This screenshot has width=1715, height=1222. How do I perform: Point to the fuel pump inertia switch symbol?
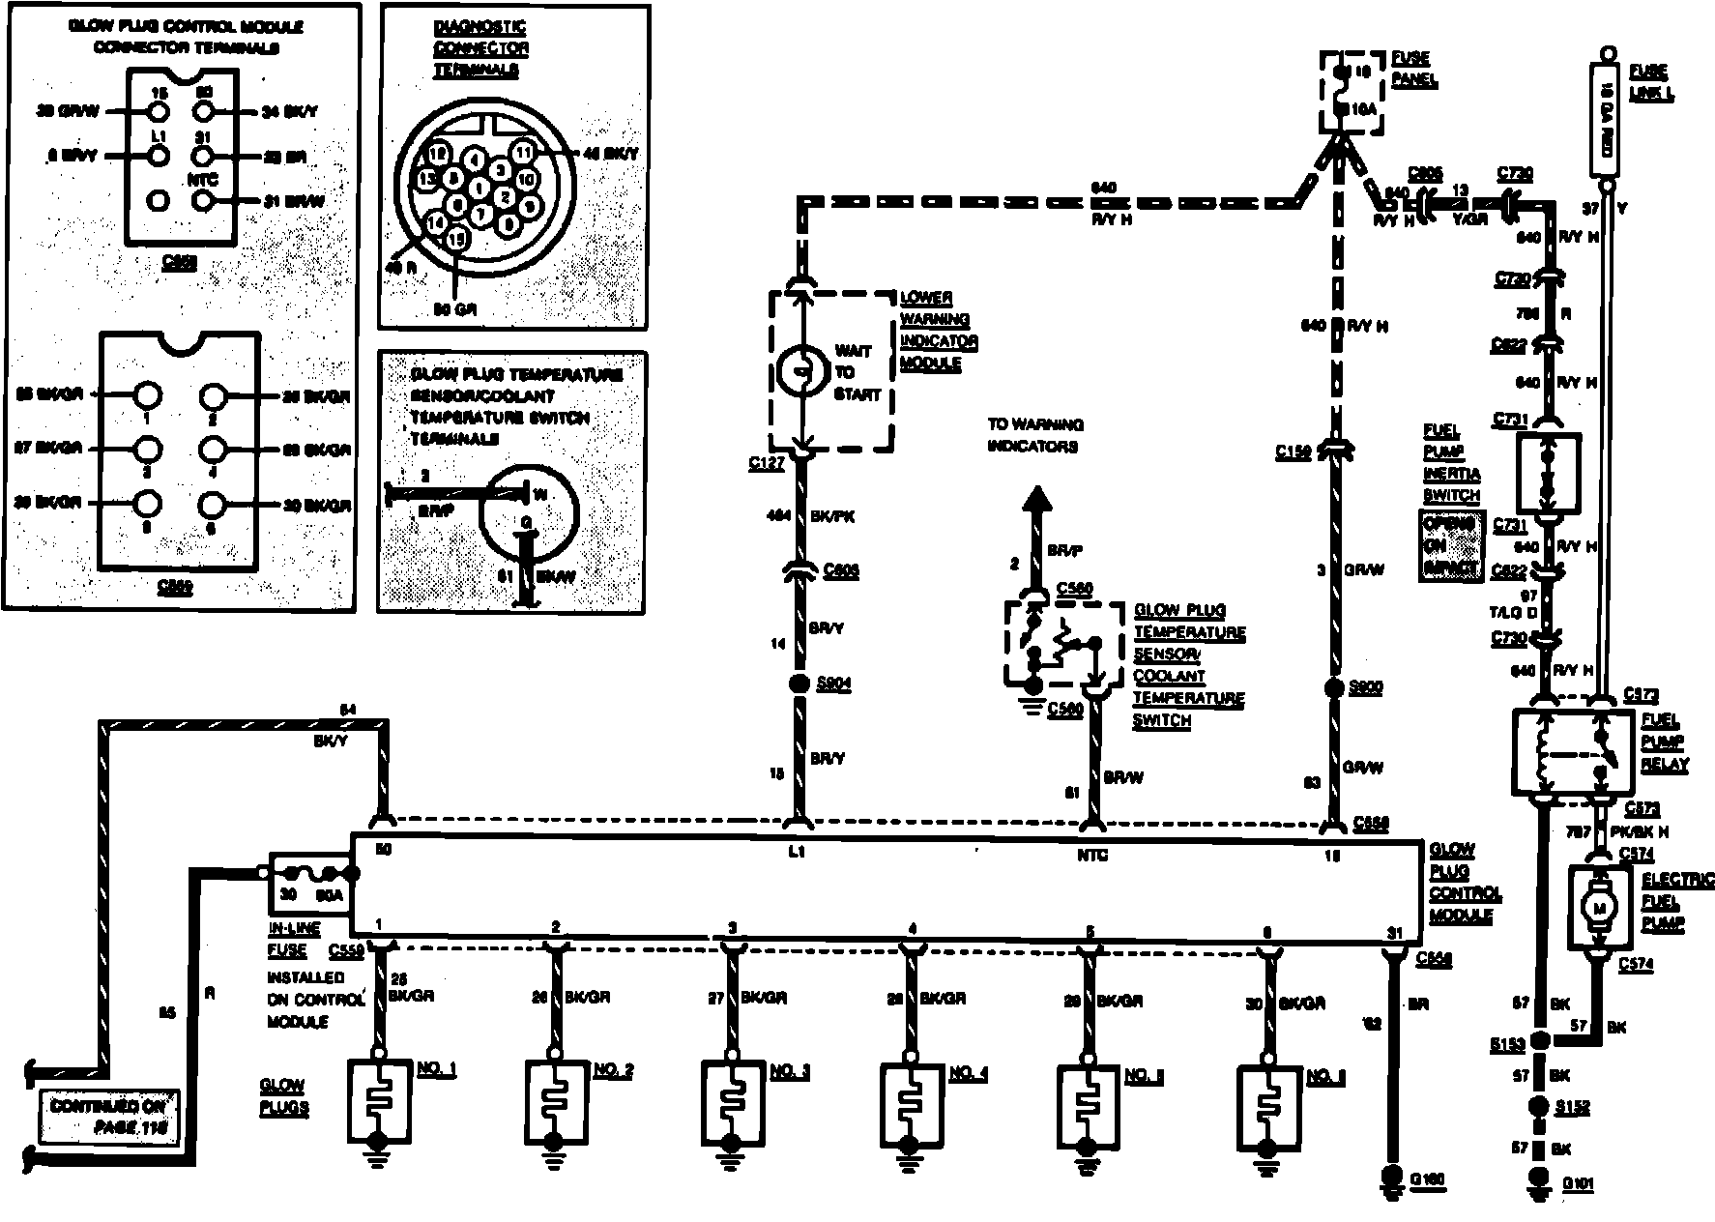(1548, 474)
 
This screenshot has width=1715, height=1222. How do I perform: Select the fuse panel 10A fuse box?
(1350, 91)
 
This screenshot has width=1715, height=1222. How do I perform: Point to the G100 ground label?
(1427, 1178)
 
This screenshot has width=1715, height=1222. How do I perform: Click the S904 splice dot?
(799, 684)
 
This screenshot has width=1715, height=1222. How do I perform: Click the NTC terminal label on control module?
(1092, 855)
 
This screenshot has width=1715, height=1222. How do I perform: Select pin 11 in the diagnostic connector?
(523, 153)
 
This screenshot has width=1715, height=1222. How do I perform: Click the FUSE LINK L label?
(1650, 83)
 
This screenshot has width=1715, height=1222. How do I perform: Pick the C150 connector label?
(1292, 451)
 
